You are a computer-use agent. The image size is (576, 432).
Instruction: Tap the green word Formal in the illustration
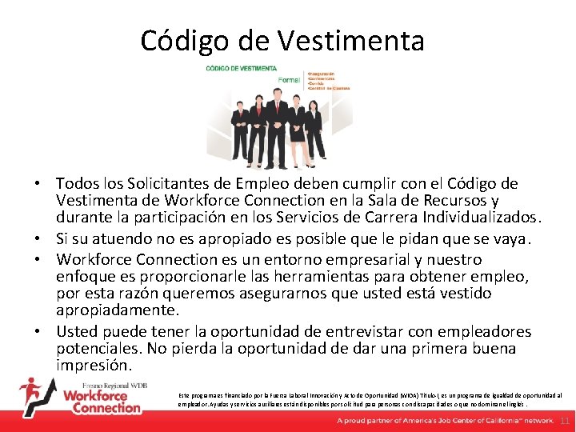tap(289, 80)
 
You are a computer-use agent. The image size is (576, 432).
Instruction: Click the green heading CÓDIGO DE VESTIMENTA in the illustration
tap(242, 69)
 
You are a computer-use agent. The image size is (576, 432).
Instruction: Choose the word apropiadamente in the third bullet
tap(108, 310)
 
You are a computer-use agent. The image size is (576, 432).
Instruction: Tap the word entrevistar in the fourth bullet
tap(309, 331)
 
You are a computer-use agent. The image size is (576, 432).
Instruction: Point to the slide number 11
tap(564, 421)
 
